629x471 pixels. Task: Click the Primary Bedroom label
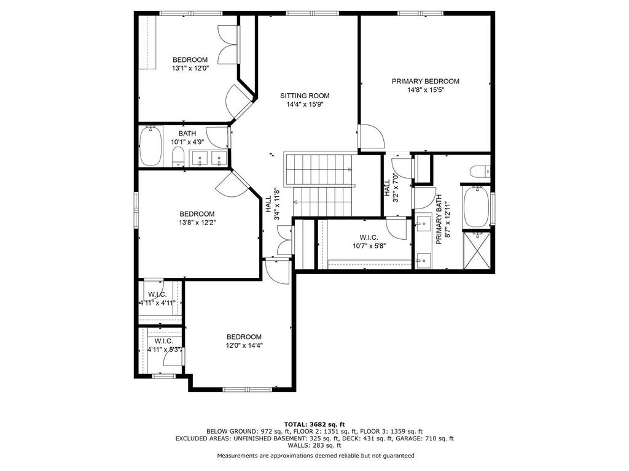point(426,82)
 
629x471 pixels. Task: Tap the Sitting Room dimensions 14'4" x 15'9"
point(305,104)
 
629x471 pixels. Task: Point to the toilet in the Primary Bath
point(480,171)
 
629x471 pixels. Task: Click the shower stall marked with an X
point(477,250)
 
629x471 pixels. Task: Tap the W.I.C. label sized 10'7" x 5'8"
point(369,242)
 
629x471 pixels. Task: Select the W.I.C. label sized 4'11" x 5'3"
point(163,345)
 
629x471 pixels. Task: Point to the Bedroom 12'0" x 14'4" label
point(244,341)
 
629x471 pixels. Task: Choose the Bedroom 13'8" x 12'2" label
point(197,218)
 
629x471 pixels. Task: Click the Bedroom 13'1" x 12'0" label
point(190,64)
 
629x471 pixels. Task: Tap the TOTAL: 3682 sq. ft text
point(314,424)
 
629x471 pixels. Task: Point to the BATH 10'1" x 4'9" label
point(187,137)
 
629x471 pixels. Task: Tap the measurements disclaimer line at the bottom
point(316,456)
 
